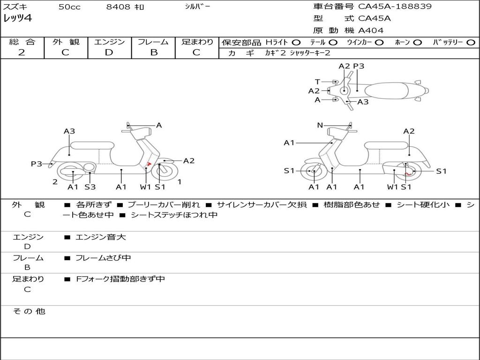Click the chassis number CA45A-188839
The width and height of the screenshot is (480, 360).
click(395, 7)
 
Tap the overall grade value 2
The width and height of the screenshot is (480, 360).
click(22, 52)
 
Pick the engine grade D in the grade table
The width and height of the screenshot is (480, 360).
click(109, 52)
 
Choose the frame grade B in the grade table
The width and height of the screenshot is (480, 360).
click(153, 52)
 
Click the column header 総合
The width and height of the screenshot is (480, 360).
click(22, 42)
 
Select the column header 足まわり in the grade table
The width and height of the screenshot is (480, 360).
click(197, 42)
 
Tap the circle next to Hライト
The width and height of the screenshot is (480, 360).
click(296, 43)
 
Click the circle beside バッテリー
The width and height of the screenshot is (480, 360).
click(471, 43)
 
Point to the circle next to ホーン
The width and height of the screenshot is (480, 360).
click(417, 43)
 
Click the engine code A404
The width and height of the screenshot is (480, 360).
click(371, 30)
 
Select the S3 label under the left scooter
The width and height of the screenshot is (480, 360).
click(90, 187)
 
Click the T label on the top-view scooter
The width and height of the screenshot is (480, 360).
click(317, 82)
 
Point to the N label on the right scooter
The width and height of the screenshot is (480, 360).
click(320, 125)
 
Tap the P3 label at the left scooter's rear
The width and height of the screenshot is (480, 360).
click(36, 164)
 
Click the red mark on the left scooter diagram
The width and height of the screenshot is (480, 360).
click(149, 164)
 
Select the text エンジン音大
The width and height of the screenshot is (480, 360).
click(101, 237)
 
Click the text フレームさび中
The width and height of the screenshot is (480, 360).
click(103, 258)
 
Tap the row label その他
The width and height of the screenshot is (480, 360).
click(29, 311)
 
